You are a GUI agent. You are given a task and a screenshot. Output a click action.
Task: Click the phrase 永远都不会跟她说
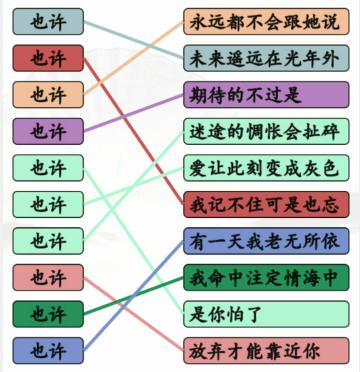coord(266,21)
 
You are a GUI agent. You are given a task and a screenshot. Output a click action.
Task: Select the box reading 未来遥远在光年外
coord(266,57)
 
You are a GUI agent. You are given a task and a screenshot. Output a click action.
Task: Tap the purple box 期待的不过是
coord(266,94)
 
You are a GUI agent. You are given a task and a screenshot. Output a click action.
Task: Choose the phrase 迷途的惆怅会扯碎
coord(266,130)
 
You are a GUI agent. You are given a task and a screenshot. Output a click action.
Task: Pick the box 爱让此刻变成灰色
coord(266,167)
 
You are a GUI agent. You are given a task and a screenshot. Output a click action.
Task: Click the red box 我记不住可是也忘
coord(266,204)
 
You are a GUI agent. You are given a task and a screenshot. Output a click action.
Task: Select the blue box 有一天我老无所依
coord(266,240)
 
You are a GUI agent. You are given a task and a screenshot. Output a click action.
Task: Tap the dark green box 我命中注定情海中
coord(266,277)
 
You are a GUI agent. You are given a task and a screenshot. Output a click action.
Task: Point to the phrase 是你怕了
coord(266,313)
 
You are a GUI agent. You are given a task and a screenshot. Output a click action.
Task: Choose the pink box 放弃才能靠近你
coord(266,350)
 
